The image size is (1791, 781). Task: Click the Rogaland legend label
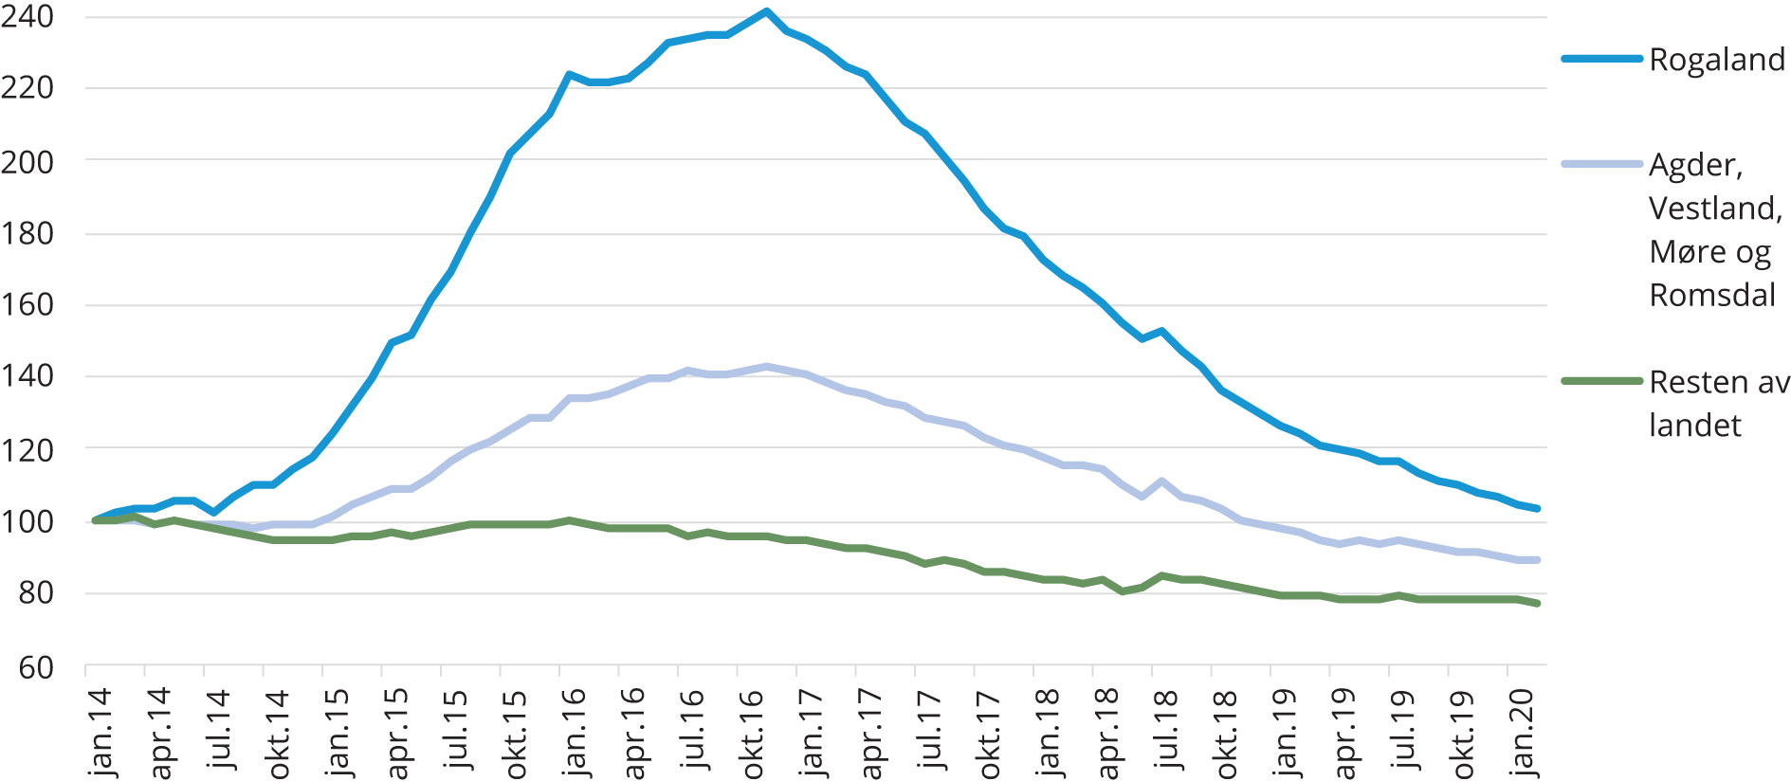coord(1717,60)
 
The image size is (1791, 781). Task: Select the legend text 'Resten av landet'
coord(1719,403)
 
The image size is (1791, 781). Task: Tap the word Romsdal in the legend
coord(1712,295)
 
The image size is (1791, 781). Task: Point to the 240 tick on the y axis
coord(27,16)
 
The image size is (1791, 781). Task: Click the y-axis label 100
coord(27,521)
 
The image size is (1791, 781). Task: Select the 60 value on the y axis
coord(36,667)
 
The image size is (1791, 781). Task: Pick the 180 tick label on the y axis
coord(27,233)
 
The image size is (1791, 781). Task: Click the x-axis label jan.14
coord(101,733)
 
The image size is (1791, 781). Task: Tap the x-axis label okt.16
coord(752,733)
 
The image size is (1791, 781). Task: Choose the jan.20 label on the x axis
coord(1522,733)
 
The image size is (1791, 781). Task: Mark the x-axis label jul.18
coord(1166,733)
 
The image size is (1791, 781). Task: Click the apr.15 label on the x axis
coord(396,733)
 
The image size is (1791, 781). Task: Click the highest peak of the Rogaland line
coord(766,11)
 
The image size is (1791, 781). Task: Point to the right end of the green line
coord(1537,604)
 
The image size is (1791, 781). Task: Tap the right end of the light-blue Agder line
coord(1537,560)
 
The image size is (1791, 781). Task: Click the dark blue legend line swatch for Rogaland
coord(1601,59)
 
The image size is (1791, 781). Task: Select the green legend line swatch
coord(1601,381)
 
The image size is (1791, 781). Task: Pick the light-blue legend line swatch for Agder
coord(1601,164)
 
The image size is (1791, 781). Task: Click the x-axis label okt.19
coord(1463,733)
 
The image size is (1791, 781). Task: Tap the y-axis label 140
coord(27,376)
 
